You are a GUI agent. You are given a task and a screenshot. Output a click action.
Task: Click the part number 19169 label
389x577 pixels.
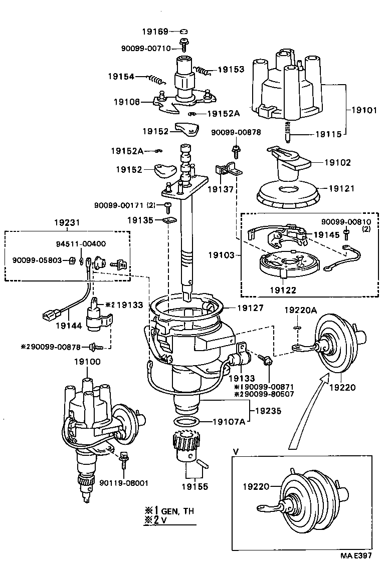point(154,31)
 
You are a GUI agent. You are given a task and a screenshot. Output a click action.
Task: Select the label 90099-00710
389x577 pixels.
point(146,48)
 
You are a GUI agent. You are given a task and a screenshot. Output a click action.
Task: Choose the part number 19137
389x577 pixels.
point(220,189)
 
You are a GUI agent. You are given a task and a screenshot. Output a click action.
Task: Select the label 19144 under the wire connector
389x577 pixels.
point(69,326)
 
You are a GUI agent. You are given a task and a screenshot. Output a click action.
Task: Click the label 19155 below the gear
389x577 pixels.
point(194,486)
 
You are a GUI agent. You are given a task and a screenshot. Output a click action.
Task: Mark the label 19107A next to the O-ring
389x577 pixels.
point(229,421)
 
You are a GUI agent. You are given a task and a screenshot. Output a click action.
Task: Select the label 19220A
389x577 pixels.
point(300,311)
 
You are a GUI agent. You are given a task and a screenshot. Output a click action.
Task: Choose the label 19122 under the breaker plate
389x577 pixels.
point(284,290)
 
